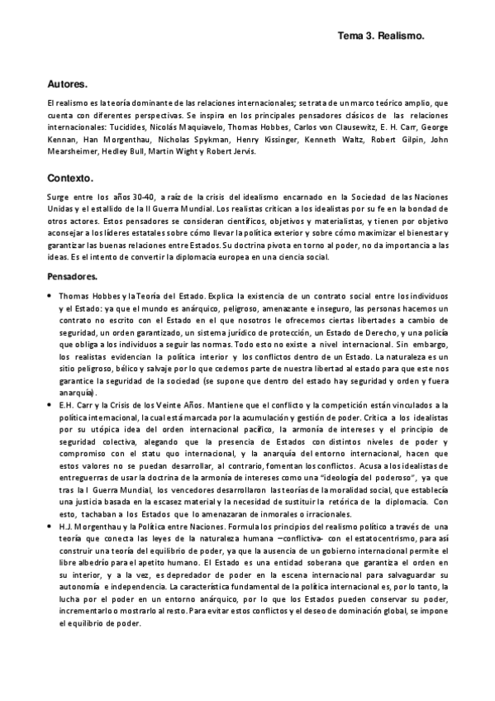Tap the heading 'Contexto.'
click(x=71, y=178)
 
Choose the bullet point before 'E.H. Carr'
click(x=50, y=404)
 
